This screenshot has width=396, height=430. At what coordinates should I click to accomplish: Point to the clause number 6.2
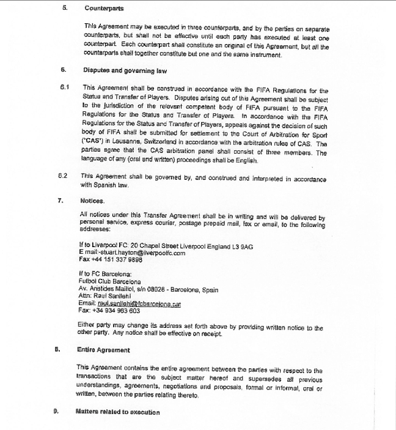click(63, 176)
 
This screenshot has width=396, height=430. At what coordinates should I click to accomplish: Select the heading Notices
click(92, 200)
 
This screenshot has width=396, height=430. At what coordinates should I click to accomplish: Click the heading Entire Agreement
click(103, 350)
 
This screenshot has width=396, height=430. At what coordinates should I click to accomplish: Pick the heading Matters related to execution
click(117, 412)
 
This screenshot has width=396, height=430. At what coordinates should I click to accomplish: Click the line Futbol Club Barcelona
click(109, 281)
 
